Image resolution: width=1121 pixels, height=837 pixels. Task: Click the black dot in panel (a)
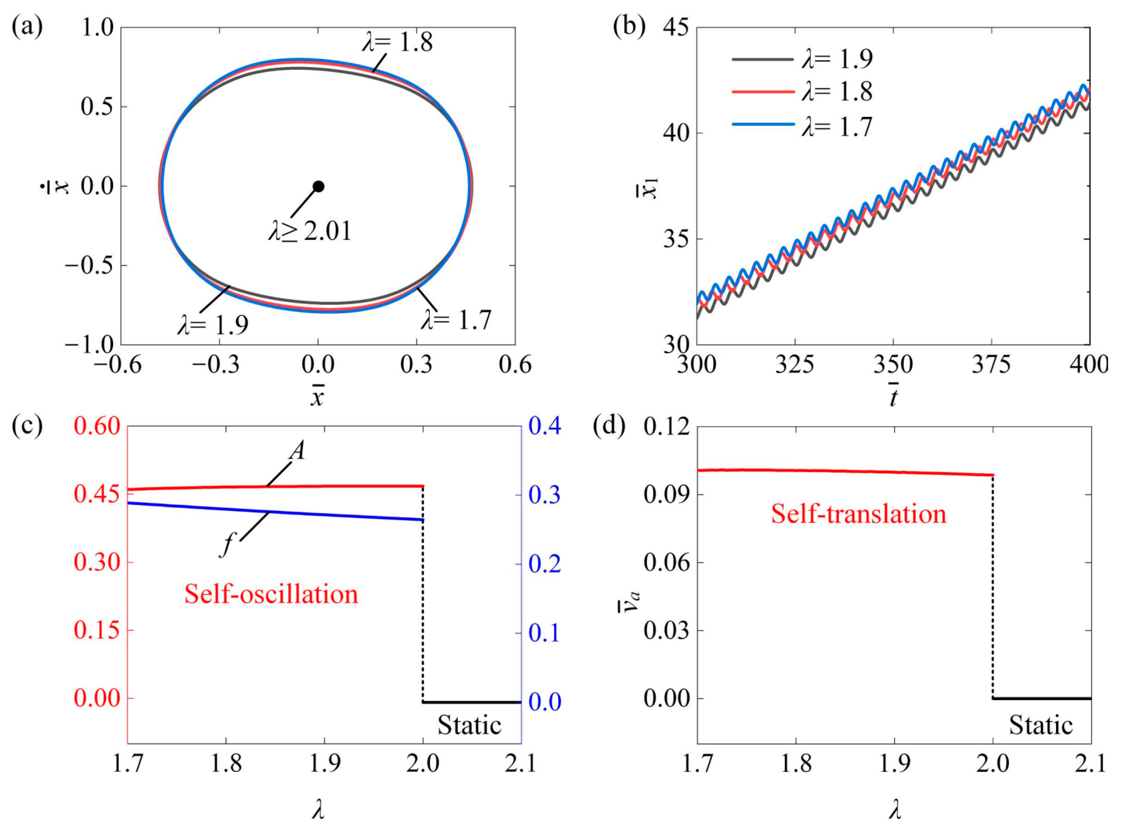[318, 186]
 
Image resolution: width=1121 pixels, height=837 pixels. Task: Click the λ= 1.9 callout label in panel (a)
[213, 325]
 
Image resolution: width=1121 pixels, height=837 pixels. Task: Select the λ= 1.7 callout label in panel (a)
[456, 320]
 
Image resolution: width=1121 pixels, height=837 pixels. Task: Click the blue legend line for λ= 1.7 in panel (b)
[762, 124]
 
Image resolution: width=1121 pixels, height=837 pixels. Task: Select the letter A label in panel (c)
[297, 450]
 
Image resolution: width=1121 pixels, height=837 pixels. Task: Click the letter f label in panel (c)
[228, 546]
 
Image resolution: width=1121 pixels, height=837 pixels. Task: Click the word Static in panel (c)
[469, 725]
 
